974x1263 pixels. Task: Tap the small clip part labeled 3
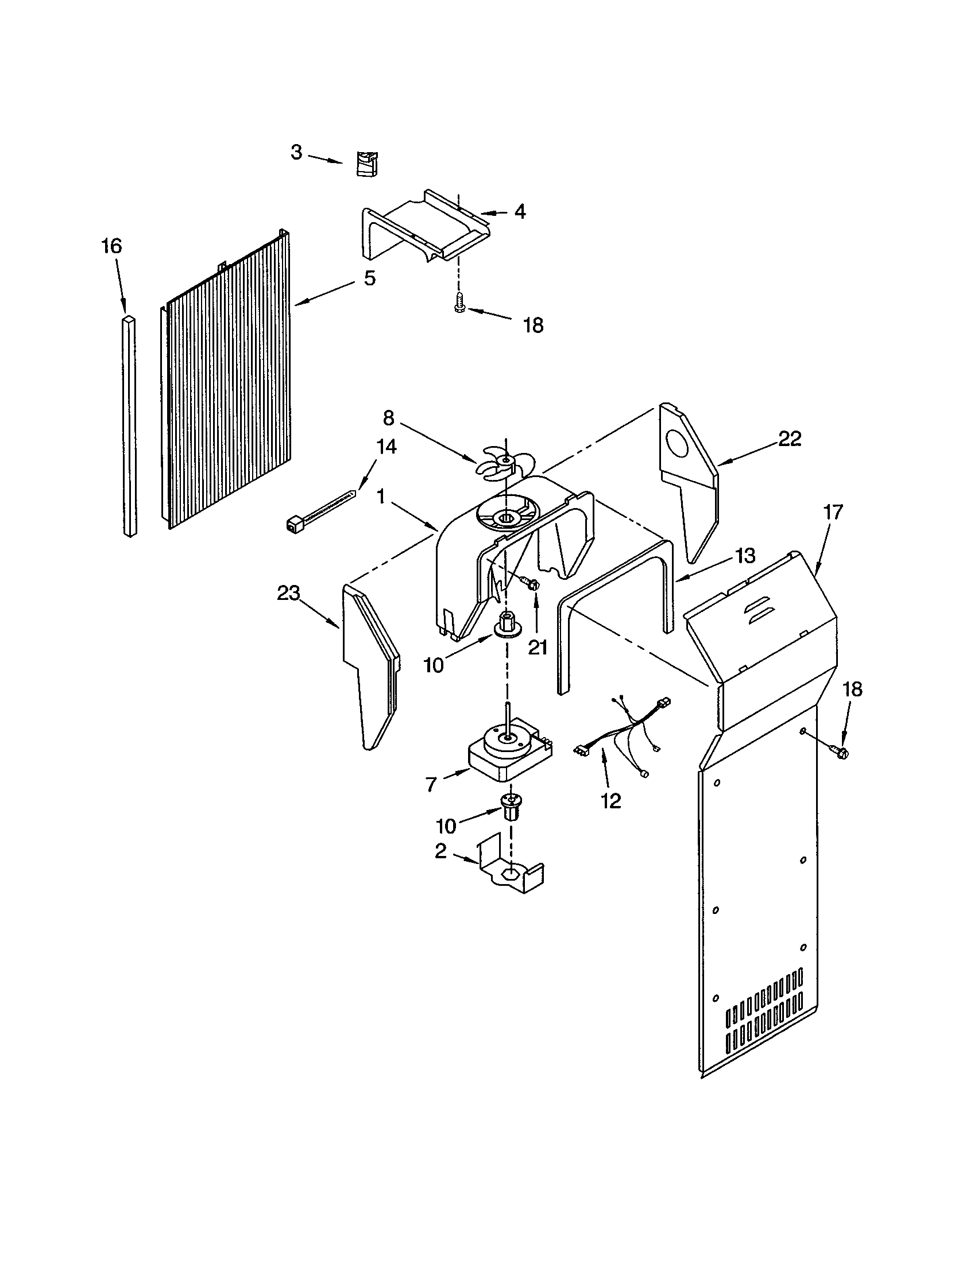pyautogui.click(x=364, y=163)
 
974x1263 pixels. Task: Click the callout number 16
pyautogui.click(x=111, y=246)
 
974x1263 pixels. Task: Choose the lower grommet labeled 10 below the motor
pyautogui.click(x=509, y=806)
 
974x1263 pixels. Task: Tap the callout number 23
pyautogui.click(x=289, y=593)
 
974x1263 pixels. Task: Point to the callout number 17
pyautogui.click(x=833, y=512)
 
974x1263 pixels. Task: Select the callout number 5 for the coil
pyautogui.click(x=370, y=278)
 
